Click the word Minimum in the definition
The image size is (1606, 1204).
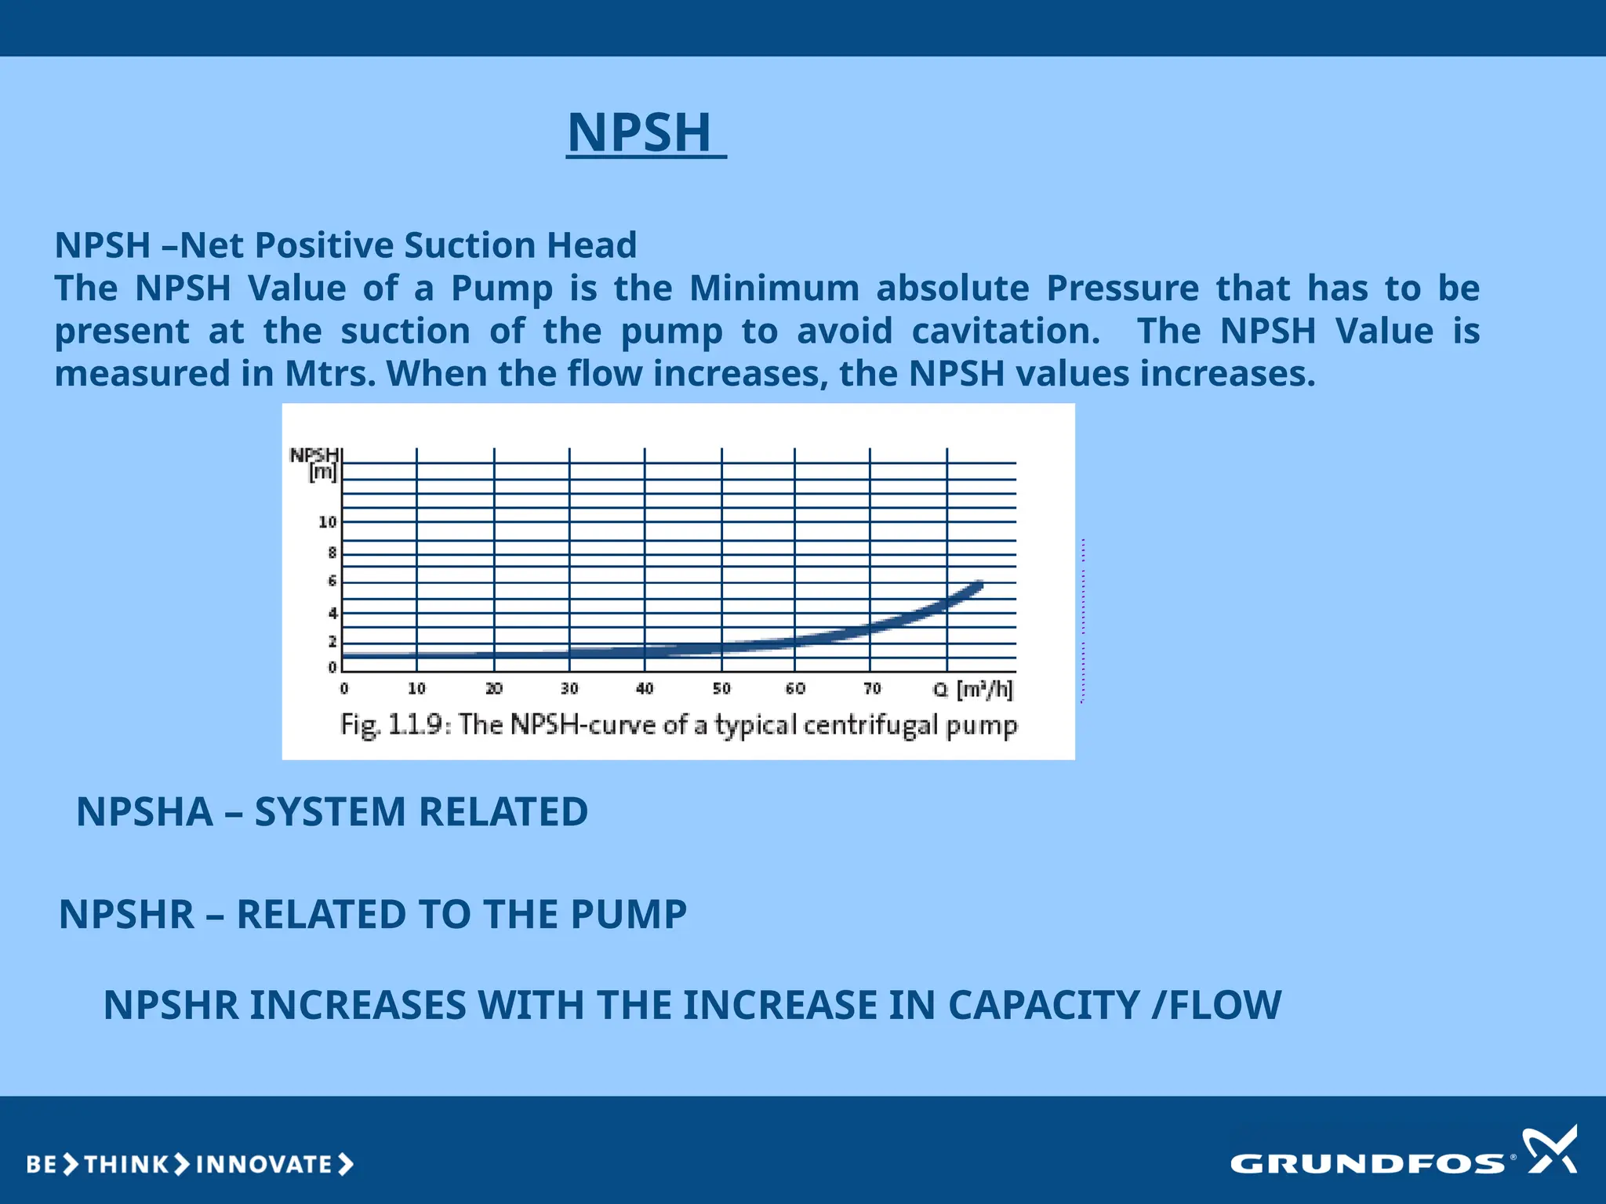pyautogui.click(x=774, y=288)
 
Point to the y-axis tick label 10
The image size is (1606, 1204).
pyautogui.click(x=327, y=522)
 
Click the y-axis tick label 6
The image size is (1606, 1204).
pyautogui.click(x=332, y=581)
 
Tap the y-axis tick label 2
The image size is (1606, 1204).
pyautogui.click(x=332, y=641)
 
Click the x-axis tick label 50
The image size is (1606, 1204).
pyautogui.click(x=721, y=689)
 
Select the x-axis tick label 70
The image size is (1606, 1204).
pyautogui.click(x=872, y=689)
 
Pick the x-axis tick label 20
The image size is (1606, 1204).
pyautogui.click(x=493, y=689)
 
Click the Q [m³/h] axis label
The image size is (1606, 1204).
pyautogui.click(x=973, y=690)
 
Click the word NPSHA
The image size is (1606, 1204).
pyautogui.click(x=144, y=811)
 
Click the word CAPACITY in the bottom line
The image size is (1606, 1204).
pyautogui.click(x=1044, y=1005)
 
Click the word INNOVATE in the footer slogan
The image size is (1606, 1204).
pyautogui.click(x=264, y=1165)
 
